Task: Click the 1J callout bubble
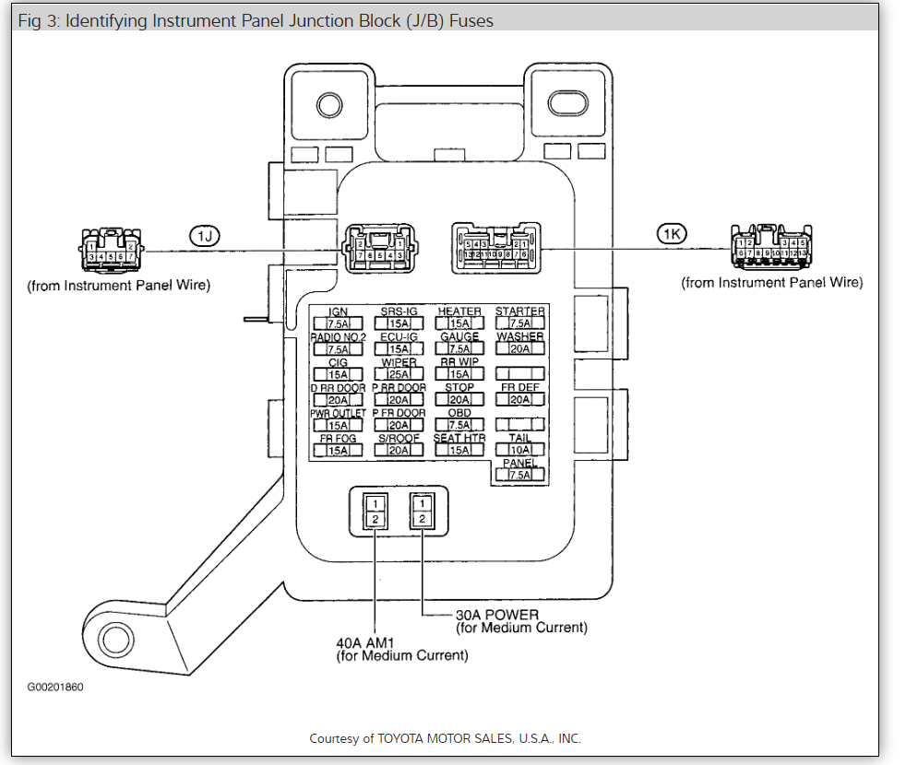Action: pos(205,236)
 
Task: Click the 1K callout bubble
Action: pos(672,234)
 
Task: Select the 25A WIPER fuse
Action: pos(399,374)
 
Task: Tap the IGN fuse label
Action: pos(338,312)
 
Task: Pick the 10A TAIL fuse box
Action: pos(519,450)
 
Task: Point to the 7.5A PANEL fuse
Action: pos(519,475)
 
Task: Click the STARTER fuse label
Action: pos(519,312)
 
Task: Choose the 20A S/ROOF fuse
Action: pos(399,450)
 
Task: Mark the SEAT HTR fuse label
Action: pos(459,439)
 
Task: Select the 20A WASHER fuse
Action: pos(519,349)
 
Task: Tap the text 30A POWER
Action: pos(496,615)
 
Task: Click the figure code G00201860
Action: pos(54,688)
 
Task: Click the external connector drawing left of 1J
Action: pos(110,249)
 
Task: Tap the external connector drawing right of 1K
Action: pos(769,247)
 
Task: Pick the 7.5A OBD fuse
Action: pos(459,425)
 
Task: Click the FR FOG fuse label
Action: pos(338,439)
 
